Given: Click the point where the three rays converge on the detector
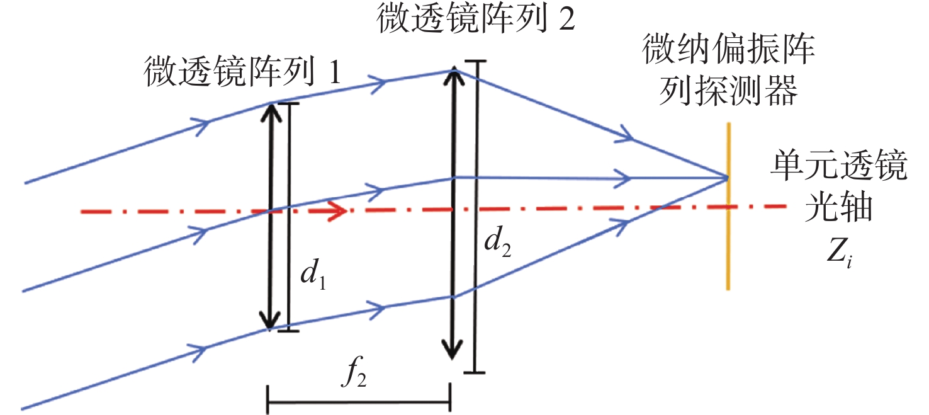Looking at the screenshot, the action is (x=727, y=178).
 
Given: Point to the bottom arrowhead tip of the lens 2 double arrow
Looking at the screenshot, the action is (x=452, y=360).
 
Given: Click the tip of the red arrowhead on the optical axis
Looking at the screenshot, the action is (x=347, y=211).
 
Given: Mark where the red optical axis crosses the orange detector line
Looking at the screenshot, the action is (x=728, y=207).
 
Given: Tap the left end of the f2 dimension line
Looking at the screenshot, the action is (x=268, y=402).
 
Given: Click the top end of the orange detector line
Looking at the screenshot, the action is (x=729, y=123).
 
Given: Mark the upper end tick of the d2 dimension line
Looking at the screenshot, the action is (x=475, y=62).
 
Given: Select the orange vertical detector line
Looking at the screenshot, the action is (x=728, y=207).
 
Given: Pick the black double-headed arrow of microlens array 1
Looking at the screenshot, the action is (x=271, y=217).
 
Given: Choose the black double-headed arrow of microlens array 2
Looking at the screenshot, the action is (x=453, y=213).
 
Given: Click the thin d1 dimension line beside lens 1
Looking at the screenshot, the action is (x=288, y=217).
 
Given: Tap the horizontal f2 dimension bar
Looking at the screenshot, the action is (x=359, y=402).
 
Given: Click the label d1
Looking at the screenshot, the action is (x=313, y=274).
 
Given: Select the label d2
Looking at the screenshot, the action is (x=497, y=242).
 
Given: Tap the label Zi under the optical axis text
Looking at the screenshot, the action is (x=840, y=253).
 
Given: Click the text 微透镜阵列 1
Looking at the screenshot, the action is (x=242, y=71).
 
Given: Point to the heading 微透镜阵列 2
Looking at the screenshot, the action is (x=476, y=19).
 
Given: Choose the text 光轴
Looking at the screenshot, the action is (x=838, y=207).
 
